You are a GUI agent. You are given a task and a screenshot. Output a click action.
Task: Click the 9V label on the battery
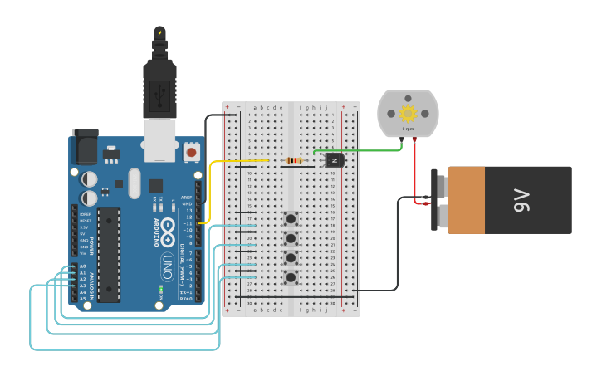pos(522,201)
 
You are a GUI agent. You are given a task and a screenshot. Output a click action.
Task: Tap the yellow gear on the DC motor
pos(408,114)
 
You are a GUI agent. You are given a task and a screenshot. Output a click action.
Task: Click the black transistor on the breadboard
pos(334,160)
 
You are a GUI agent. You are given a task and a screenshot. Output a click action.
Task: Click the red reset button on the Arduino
pos(192,153)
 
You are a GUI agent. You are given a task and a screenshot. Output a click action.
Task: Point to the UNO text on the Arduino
pos(167,267)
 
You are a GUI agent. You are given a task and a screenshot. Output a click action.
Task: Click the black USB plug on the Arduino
pos(159,83)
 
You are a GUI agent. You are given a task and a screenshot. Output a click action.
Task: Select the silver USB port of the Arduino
pos(160,139)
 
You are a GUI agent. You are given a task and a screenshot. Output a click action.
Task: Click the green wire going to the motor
pos(365,151)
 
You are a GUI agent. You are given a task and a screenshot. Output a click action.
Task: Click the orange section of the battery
pos(466,200)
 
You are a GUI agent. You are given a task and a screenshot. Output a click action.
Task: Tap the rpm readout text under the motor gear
pos(408,129)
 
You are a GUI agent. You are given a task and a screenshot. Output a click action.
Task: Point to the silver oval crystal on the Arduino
pos(135,183)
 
